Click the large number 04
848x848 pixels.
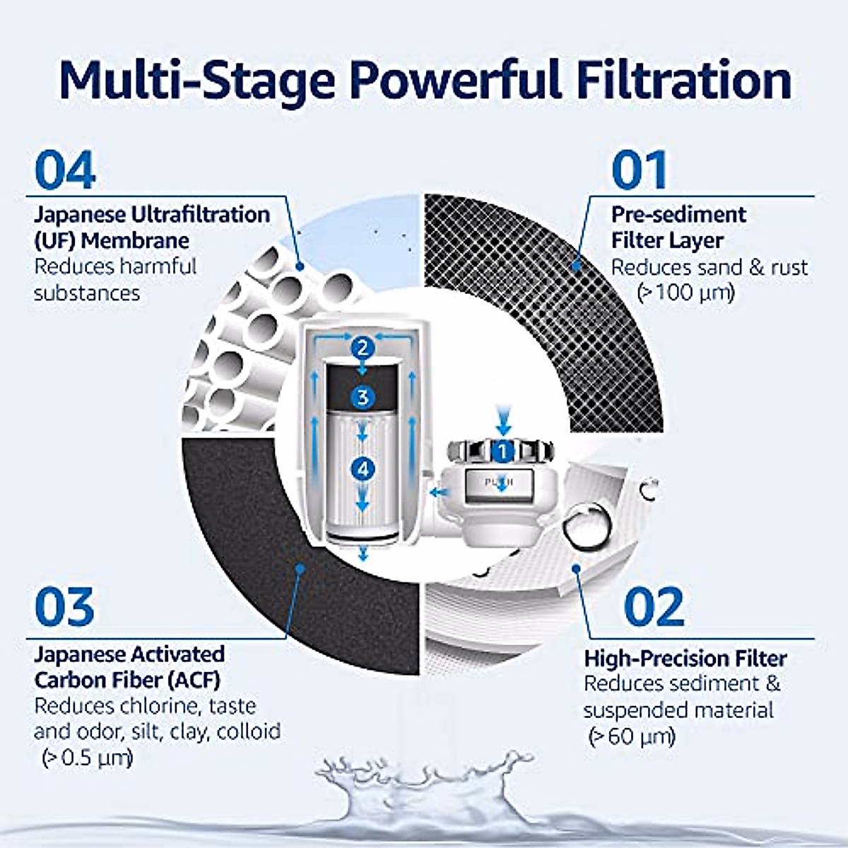click(x=65, y=170)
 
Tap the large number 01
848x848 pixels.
click(x=639, y=170)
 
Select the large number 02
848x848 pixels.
click(x=654, y=608)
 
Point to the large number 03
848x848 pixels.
click(x=64, y=608)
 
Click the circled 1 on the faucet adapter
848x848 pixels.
click(x=502, y=451)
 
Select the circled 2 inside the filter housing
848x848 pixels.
click(x=363, y=348)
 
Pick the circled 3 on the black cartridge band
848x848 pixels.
click(x=363, y=396)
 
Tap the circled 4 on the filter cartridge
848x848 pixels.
click(x=363, y=469)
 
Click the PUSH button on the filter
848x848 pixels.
click(x=499, y=483)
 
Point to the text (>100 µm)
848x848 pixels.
click(x=685, y=293)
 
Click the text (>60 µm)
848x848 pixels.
click(x=632, y=737)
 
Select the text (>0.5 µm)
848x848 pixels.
click(x=87, y=758)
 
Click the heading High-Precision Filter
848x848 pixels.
click(x=685, y=659)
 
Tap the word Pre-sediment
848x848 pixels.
click(x=678, y=214)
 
